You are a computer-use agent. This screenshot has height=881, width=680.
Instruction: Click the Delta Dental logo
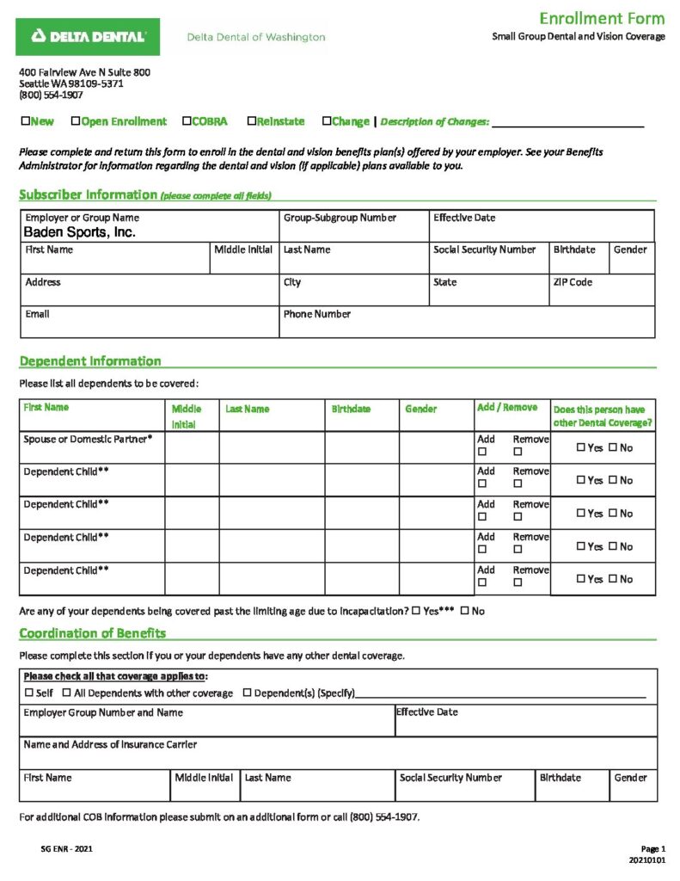point(88,36)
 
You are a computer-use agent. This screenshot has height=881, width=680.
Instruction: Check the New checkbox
point(25,121)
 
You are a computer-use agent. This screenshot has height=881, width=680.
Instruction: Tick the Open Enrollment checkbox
point(76,121)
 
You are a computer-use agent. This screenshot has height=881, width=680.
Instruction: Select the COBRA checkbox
point(187,121)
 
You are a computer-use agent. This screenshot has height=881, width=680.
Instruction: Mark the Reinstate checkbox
point(251,121)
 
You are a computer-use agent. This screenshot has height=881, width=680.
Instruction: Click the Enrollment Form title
point(602,19)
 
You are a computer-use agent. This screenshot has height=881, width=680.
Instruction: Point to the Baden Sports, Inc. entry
point(79,232)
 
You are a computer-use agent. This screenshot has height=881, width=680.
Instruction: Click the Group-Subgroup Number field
point(353,231)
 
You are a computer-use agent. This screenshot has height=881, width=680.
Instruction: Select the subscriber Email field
point(149,326)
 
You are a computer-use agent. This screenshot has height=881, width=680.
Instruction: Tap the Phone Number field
point(467,326)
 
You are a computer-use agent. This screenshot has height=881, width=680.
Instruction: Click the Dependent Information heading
point(90,361)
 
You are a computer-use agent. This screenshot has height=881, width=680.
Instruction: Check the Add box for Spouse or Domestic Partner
point(482,451)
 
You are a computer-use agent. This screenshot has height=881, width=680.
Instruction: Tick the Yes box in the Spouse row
point(581,447)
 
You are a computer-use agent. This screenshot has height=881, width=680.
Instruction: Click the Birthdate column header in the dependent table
point(351,410)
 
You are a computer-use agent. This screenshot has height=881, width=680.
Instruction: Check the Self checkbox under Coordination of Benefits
point(29,693)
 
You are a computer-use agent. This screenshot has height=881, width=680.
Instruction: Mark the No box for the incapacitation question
point(465,611)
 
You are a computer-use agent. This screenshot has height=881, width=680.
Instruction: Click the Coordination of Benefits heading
point(93,634)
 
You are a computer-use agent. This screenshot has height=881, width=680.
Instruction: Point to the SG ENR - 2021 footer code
point(67,849)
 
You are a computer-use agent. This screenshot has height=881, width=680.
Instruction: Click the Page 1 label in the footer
point(652,849)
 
